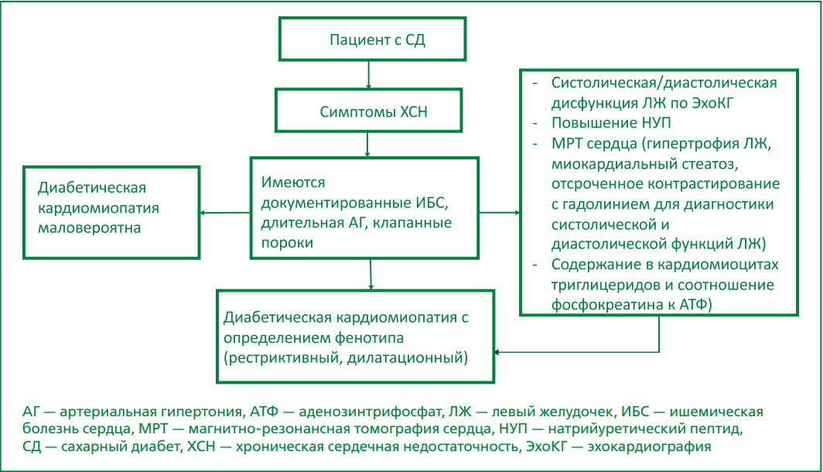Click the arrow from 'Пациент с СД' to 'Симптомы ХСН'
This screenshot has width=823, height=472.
point(369,75)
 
